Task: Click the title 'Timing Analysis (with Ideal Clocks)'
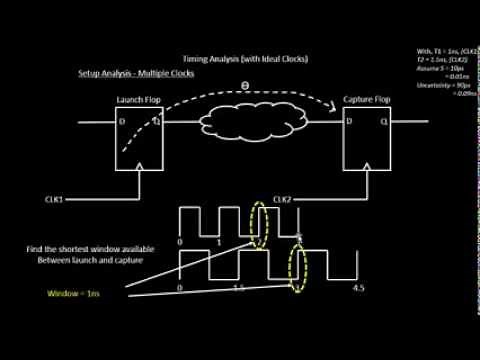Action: click(246, 59)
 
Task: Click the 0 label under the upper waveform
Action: click(179, 244)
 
